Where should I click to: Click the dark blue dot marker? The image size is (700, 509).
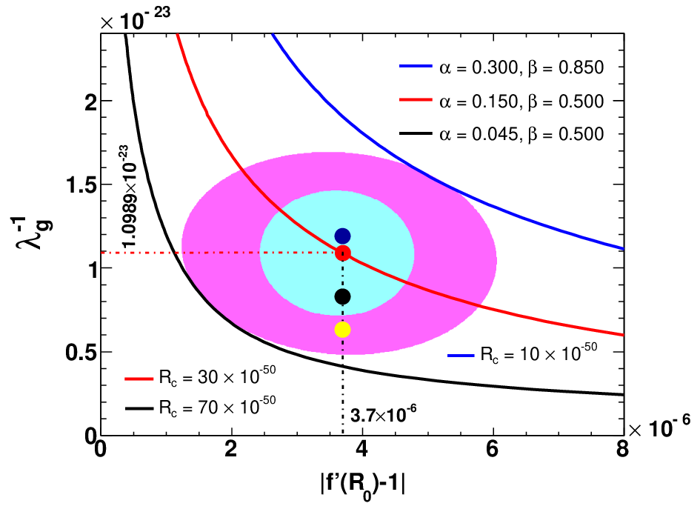click(342, 236)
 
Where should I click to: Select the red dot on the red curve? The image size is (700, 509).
click(342, 253)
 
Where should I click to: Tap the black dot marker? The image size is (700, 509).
click(342, 296)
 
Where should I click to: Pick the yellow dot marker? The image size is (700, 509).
click(342, 330)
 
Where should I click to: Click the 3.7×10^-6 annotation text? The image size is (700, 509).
click(384, 415)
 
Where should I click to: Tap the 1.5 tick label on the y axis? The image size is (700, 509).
click(81, 184)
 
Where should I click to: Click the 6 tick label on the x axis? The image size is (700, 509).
click(493, 449)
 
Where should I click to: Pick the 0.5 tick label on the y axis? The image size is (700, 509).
click(81, 353)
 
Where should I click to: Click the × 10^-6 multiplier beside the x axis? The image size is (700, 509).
click(660, 428)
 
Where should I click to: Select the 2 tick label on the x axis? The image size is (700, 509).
click(231, 449)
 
